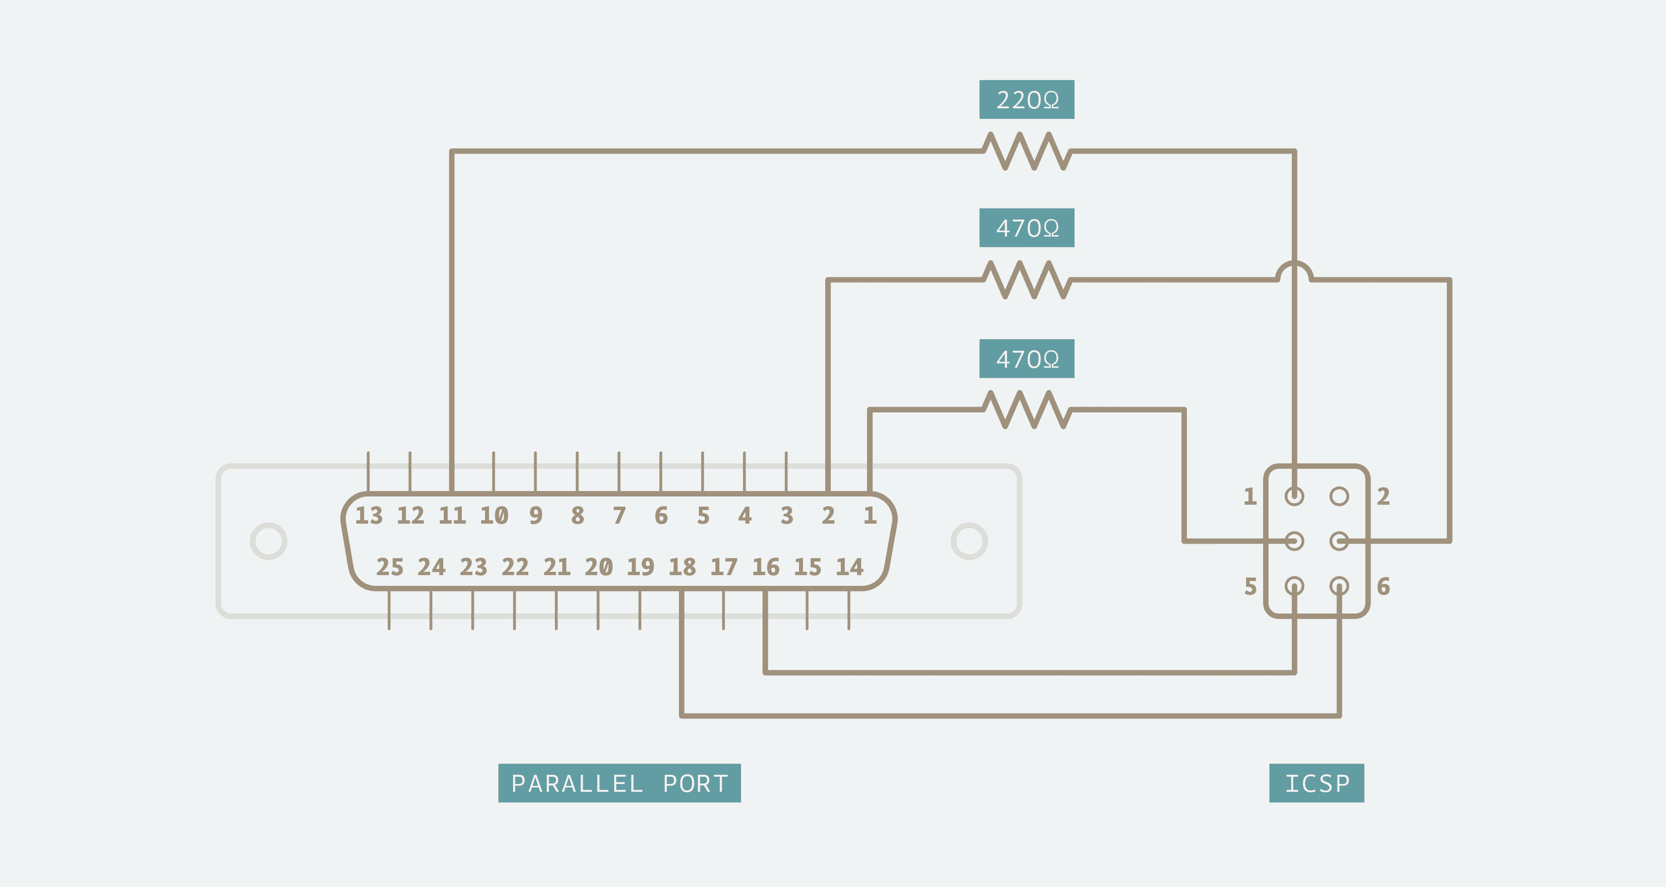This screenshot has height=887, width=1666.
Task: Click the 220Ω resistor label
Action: pyautogui.click(x=1026, y=100)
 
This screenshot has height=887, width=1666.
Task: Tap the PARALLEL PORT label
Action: pyautogui.click(x=619, y=783)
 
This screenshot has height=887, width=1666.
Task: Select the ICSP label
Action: pyautogui.click(x=1316, y=783)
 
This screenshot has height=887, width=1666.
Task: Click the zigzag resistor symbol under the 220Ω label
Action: pyautogui.click(x=1026, y=151)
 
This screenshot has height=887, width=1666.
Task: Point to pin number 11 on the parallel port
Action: pyautogui.click(x=452, y=515)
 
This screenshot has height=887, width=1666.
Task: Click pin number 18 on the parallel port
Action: pyautogui.click(x=682, y=567)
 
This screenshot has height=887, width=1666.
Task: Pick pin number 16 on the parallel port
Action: pyautogui.click(x=766, y=567)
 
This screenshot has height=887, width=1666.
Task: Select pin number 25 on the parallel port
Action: pyautogui.click(x=390, y=567)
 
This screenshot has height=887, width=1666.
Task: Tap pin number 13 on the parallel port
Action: pyautogui.click(x=369, y=515)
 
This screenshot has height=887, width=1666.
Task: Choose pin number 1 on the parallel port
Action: pyautogui.click(x=870, y=515)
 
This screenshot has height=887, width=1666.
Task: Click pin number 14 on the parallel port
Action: pyautogui.click(x=849, y=567)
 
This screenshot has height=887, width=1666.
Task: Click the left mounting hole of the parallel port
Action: pyautogui.click(x=268, y=541)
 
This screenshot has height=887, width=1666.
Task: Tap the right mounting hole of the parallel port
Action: pyautogui.click(x=969, y=541)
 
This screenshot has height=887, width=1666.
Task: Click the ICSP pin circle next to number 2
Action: pyautogui.click(x=1339, y=496)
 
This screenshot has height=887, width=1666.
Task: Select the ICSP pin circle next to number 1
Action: pyautogui.click(x=1294, y=496)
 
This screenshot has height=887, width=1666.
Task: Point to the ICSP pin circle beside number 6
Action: pyautogui.click(x=1339, y=586)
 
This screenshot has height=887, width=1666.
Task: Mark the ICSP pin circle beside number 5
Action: pyautogui.click(x=1294, y=586)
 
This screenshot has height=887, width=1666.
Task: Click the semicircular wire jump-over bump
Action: pyautogui.click(x=1294, y=270)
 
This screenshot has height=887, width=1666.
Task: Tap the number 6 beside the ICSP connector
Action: pyautogui.click(x=1383, y=586)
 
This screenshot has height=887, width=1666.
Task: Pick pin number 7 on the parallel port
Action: pyautogui.click(x=620, y=515)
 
